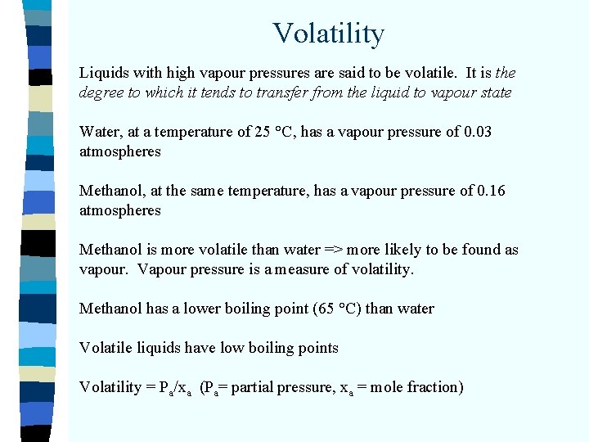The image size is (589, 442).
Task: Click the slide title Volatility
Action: tap(328, 34)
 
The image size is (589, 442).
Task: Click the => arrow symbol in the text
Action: tap(317, 250)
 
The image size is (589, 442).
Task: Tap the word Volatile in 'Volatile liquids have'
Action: tap(106, 348)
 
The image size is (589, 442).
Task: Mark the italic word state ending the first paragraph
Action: tap(494, 92)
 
